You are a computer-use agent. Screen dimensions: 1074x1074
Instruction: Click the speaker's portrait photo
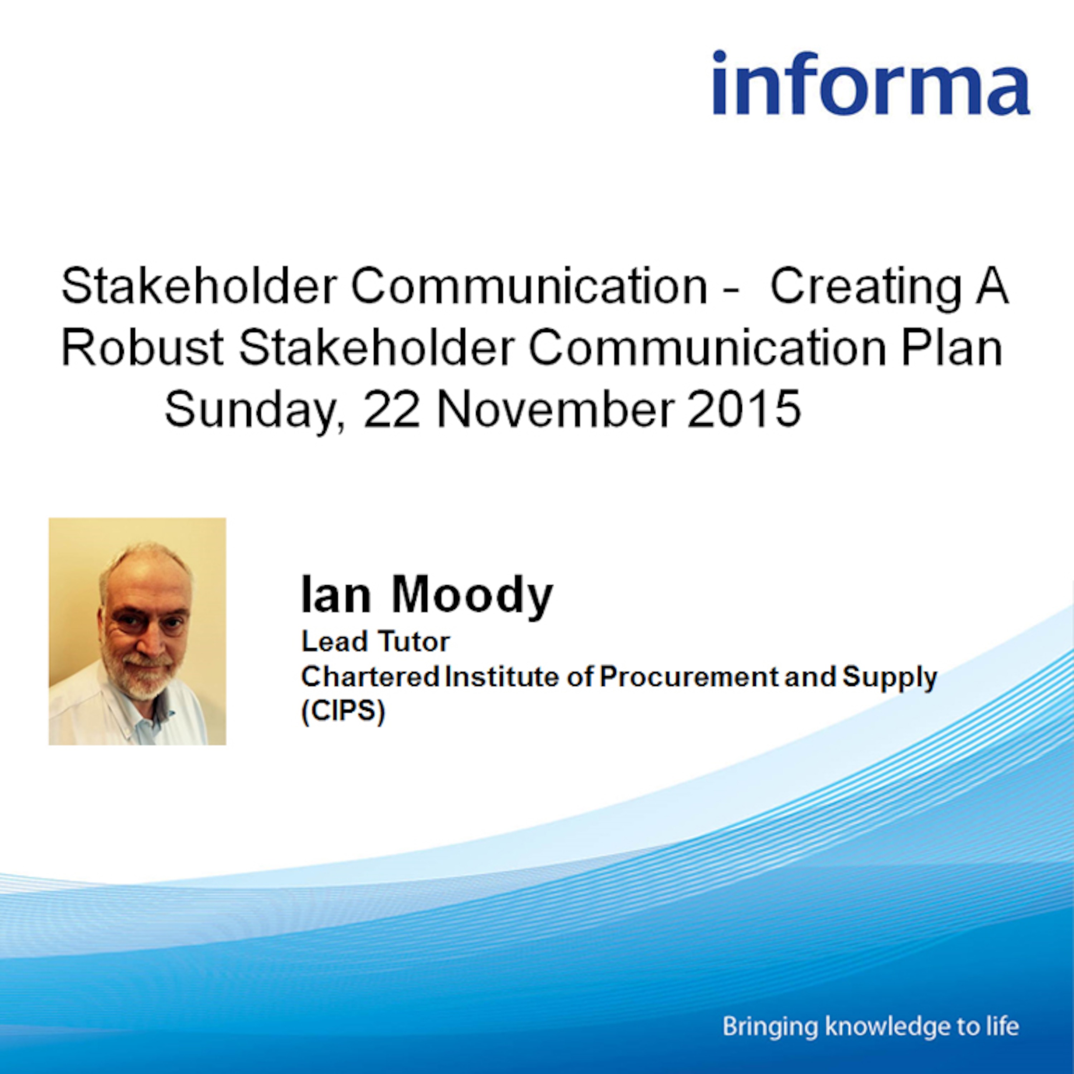click(x=137, y=631)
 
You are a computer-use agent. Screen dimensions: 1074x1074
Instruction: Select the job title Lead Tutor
click(x=375, y=642)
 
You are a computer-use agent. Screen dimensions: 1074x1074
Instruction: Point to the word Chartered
click(x=370, y=677)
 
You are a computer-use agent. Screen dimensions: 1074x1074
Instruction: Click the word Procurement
click(x=689, y=677)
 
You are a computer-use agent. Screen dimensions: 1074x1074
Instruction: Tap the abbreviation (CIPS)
click(x=343, y=712)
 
